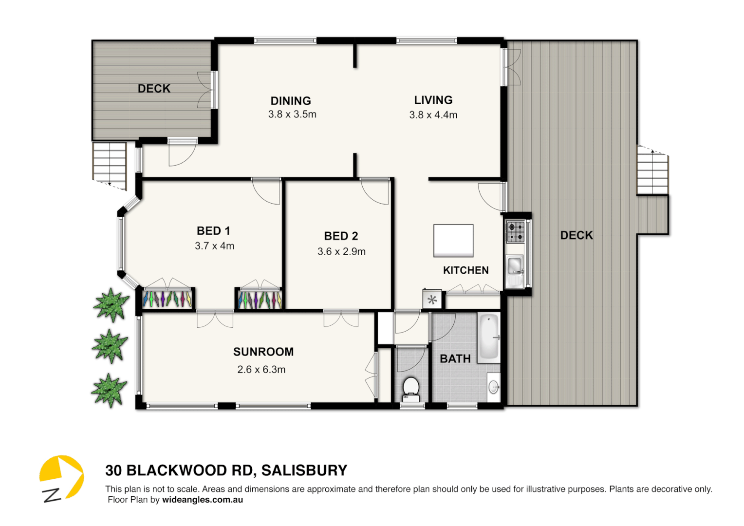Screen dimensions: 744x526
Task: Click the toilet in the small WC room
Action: click(411, 388)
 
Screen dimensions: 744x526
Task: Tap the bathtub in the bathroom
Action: click(488, 337)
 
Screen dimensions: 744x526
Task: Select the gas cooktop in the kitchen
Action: click(516, 232)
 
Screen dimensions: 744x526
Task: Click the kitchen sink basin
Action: click(514, 266)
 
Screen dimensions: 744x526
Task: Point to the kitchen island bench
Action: click(453, 240)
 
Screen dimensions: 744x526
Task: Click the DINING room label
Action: click(291, 101)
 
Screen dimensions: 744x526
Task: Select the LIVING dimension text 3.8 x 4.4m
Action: click(433, 115)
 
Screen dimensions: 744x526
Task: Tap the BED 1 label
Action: click(213, 231)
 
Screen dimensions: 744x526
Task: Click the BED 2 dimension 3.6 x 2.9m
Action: click(341, 252)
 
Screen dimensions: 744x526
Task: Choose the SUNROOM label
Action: click(263, 352)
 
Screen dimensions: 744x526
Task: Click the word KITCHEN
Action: click(465, 270)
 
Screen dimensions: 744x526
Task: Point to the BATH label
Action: click(455, 359)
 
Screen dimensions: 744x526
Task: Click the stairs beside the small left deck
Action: click(110, 164)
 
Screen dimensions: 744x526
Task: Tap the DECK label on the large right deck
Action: click(577, 235)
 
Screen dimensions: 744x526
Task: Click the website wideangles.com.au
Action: click(202, 500)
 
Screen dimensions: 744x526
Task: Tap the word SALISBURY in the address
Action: click(304, 470)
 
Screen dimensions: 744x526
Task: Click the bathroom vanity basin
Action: click(494, 388)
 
